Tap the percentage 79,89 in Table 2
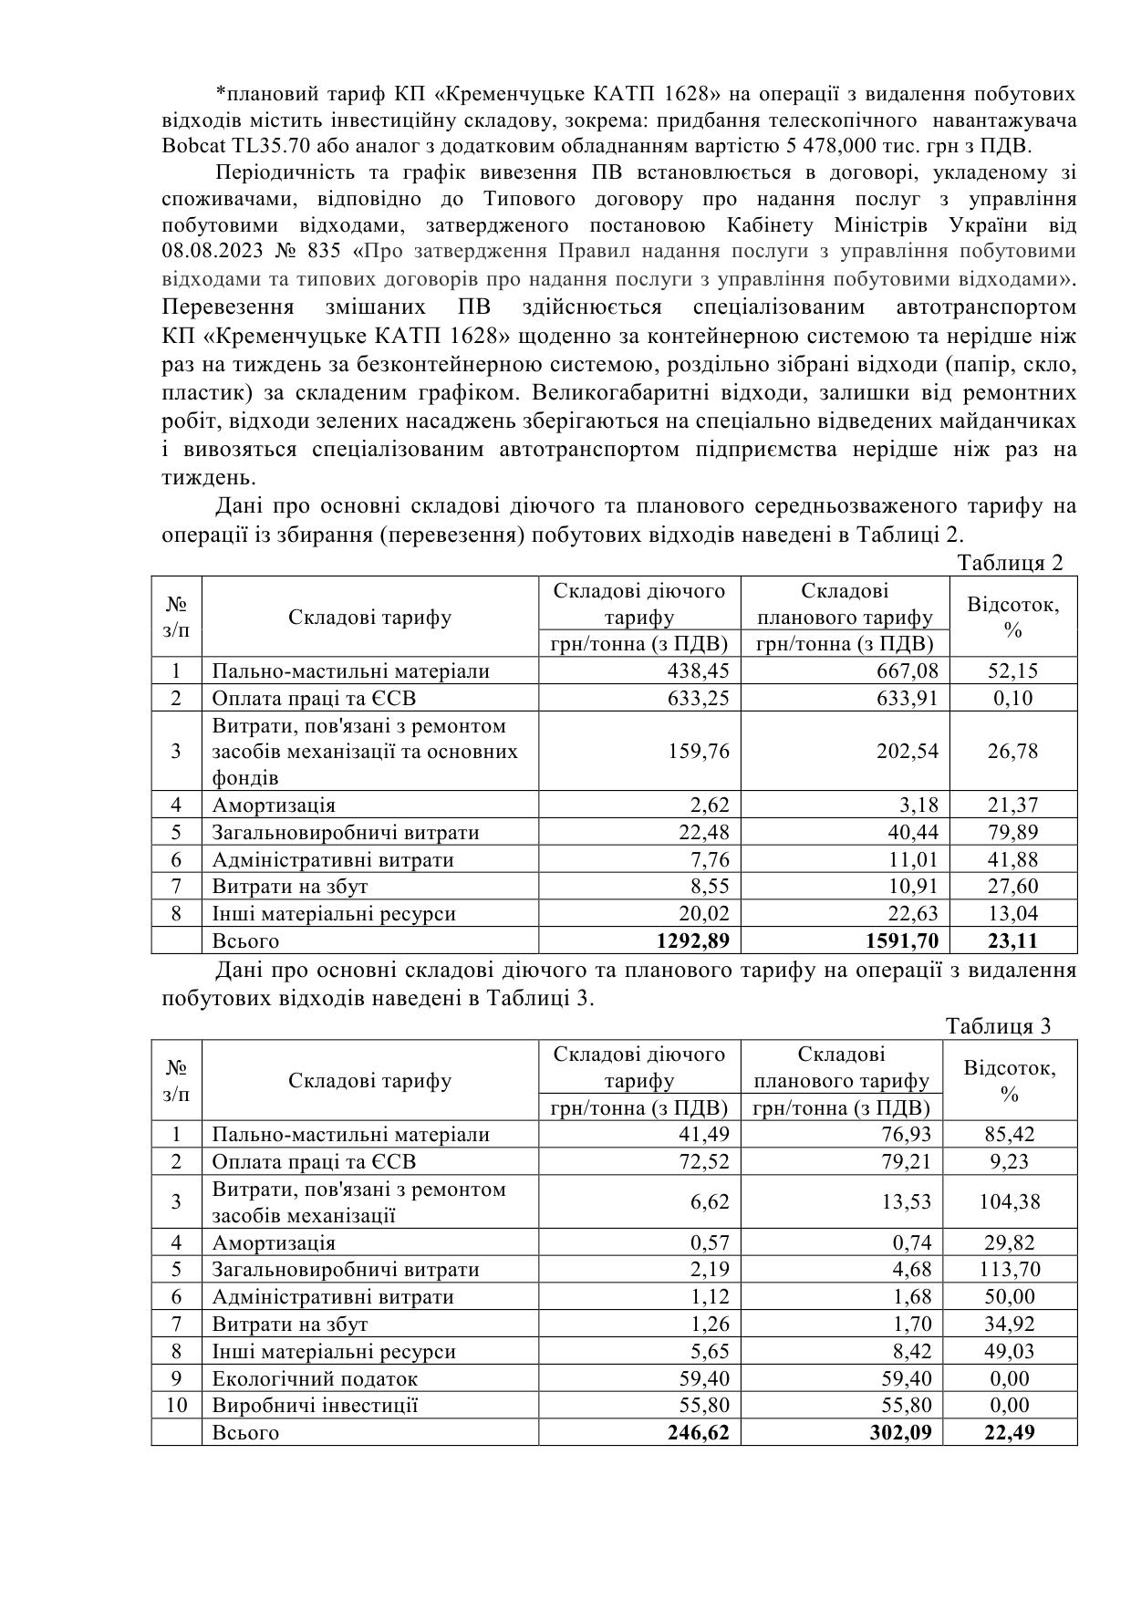click(1012, 833)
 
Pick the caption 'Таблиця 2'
click(1010, 563)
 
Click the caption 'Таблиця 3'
click(999, 1026)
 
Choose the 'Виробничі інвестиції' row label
click(315, 1405)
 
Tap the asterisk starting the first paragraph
click(220, 94)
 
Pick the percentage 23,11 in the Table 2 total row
click(1012, 940)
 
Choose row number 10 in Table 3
click(176, 1405)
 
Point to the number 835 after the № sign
click(325, 251)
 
